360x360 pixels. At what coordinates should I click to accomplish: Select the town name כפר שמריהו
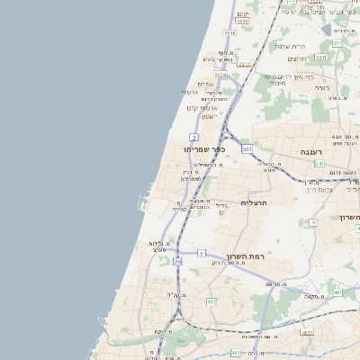coord(203,148)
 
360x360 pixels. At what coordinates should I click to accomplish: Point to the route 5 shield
coord(202,253)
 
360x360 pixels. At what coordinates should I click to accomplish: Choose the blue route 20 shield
coord(178,261)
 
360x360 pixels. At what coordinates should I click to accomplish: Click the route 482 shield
coord(211,301)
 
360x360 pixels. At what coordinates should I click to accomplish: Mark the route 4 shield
coord(313,220)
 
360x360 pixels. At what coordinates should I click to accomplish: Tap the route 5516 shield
coord(229,33)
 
